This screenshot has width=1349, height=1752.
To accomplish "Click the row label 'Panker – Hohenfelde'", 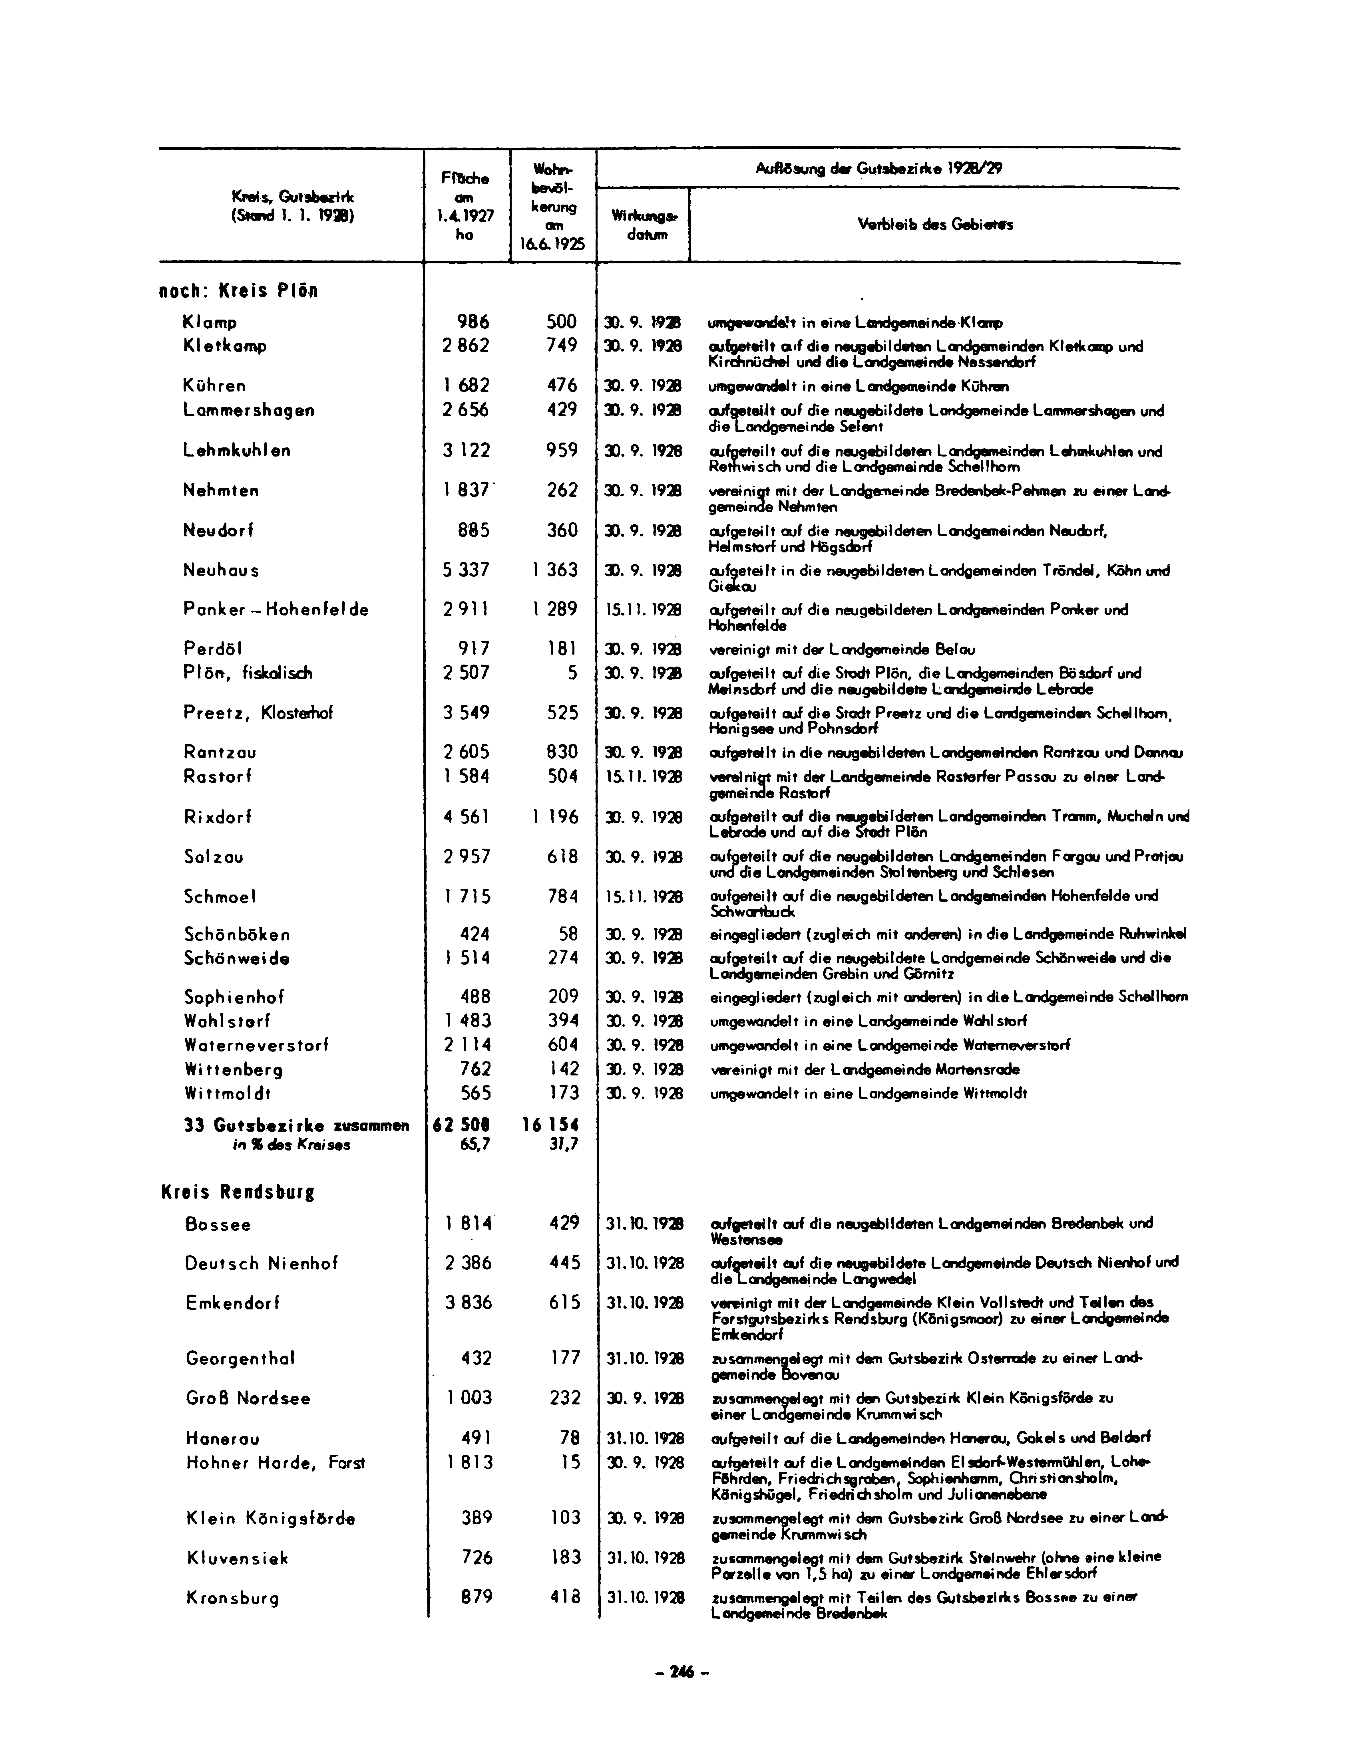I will pyautogui.click(x=275, y=610).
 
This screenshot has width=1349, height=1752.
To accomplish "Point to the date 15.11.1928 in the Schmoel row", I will pyautogui.click(x=644, y=897).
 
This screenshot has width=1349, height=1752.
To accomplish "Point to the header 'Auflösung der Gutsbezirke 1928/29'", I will pyautogui.click(x=879, y=168).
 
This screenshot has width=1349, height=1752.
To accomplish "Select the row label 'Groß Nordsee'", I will pyautogui.click(x=248, y=1398).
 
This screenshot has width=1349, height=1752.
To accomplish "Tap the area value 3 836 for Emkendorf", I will pyautogui.click(x=469, y=1303).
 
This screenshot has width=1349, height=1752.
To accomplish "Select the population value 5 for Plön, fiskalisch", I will pyautogui.click(x=572, y=673).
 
